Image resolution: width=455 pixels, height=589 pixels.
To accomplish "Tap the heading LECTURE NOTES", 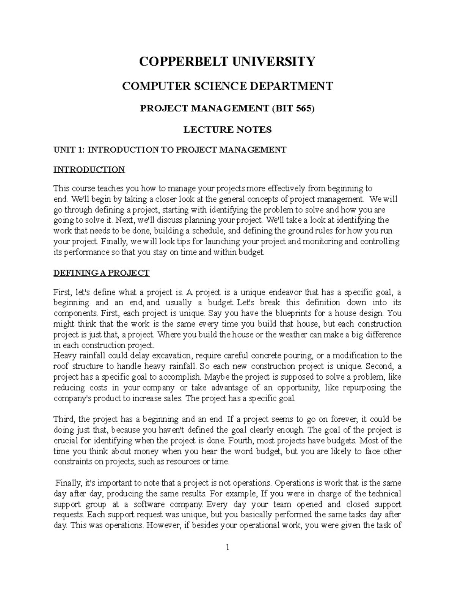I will pyautogui.click(x=227, y=130).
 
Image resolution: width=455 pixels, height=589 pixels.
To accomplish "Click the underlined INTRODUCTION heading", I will pyautogui.click(x=89, y=169).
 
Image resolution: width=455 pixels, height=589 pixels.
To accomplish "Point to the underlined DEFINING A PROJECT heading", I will pyautogui.click(x=101, y=273).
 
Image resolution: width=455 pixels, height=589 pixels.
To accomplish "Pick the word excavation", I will pyautogui.click(x=172, y=356).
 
